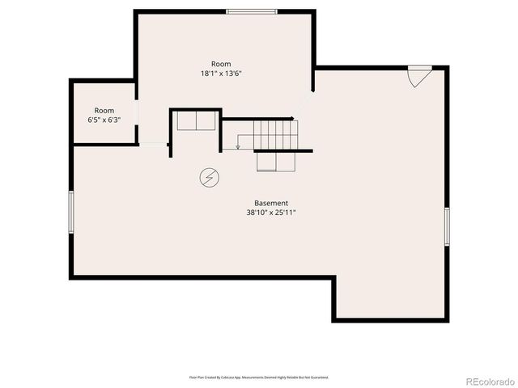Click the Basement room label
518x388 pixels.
[271, 203]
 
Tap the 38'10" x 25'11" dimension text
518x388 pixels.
[271, 213]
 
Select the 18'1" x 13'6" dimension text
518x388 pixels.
[221, 74]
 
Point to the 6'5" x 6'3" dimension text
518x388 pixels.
[104, 120]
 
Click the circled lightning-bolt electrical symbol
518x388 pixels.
[208, 177]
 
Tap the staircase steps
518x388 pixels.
[275, 133]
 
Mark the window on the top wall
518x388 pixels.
[251, 11]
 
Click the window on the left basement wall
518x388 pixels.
[71, 213]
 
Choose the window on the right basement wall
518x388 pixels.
[446, 226]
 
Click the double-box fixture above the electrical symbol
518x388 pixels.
[196, 121]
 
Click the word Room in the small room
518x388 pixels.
[104, 110]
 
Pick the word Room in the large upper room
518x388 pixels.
[221, 64]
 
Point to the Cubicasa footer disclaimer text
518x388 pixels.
[259, 377]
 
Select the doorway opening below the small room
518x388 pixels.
[152, 145]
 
